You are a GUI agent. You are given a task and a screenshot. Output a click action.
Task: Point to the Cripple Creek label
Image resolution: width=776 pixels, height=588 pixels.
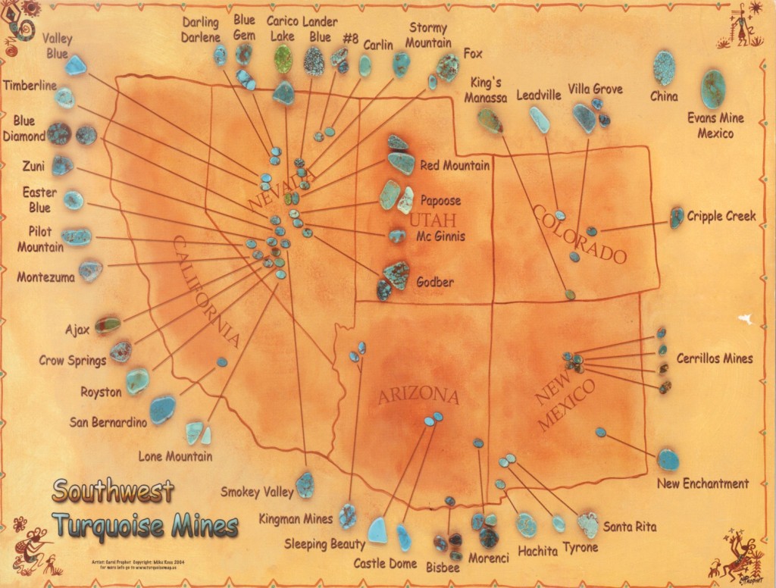pyautogui.click(x=721, y=216)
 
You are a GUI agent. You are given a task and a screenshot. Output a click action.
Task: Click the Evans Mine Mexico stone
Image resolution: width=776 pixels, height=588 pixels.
pyautogui.click(x=712, y=89)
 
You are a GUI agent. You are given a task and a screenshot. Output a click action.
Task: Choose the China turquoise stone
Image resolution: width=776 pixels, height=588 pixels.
pyautogui.click(x=664, y=67)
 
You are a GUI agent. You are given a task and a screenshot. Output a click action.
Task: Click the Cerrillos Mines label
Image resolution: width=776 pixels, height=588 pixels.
pyautogui.click(x=715, y=358)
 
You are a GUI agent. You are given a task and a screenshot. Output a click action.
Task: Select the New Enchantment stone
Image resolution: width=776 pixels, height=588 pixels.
pyautogui.click(x=668, y=459)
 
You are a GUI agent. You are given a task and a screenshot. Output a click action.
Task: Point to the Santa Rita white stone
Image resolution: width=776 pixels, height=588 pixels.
pyautogui.click(x=588, y=524)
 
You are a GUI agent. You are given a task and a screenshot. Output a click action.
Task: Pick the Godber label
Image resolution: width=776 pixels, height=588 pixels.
pyautogui.click(x=435, y=283)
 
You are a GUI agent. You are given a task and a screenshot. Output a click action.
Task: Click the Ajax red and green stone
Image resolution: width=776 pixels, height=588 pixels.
pyautogui.click(x=108, y=326)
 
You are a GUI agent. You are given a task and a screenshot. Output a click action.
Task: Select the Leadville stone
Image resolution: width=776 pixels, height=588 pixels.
pyautogui.click(x=540, y=120)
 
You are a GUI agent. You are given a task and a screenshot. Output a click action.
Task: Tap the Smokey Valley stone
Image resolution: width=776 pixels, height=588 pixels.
pyautogui.click(x=305, y=484)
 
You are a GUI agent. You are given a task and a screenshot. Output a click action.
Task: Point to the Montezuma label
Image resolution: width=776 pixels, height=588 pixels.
pyautogui.click(x=46, y=278)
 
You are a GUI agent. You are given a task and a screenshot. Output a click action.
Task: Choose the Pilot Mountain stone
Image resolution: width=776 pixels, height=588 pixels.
pyautogui.click(x=77, y=237)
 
